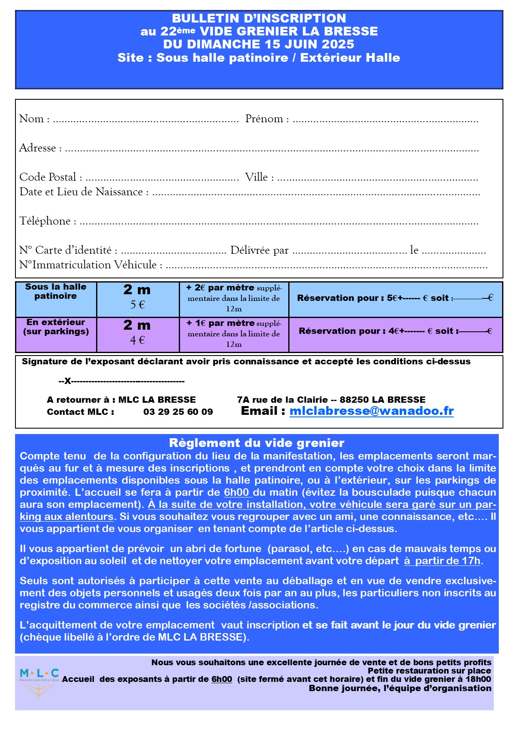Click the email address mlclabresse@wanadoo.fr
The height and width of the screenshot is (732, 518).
pos(371,411)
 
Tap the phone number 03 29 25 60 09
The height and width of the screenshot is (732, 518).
pos(178,412)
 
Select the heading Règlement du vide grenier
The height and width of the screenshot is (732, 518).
pos(256,443)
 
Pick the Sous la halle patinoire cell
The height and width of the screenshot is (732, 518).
pos(56,291)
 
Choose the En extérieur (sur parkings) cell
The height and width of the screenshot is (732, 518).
pos(56,327)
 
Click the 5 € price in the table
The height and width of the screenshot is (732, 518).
pos(137,305)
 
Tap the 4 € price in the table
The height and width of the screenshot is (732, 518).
pos(137,341)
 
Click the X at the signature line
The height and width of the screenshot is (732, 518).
pos(68,381)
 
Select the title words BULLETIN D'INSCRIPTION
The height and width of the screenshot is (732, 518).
pos(259,18)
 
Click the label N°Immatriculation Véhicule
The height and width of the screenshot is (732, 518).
pos(88,265)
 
